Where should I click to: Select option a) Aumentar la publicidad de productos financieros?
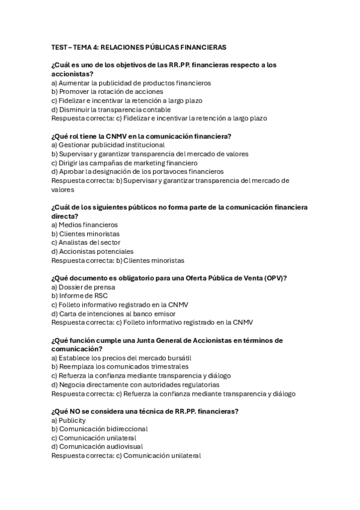(131, 83)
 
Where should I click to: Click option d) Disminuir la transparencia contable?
(111, 109)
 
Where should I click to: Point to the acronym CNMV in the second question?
(116, 136)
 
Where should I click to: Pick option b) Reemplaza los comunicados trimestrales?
(120, 366)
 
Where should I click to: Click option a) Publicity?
(69, 420)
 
